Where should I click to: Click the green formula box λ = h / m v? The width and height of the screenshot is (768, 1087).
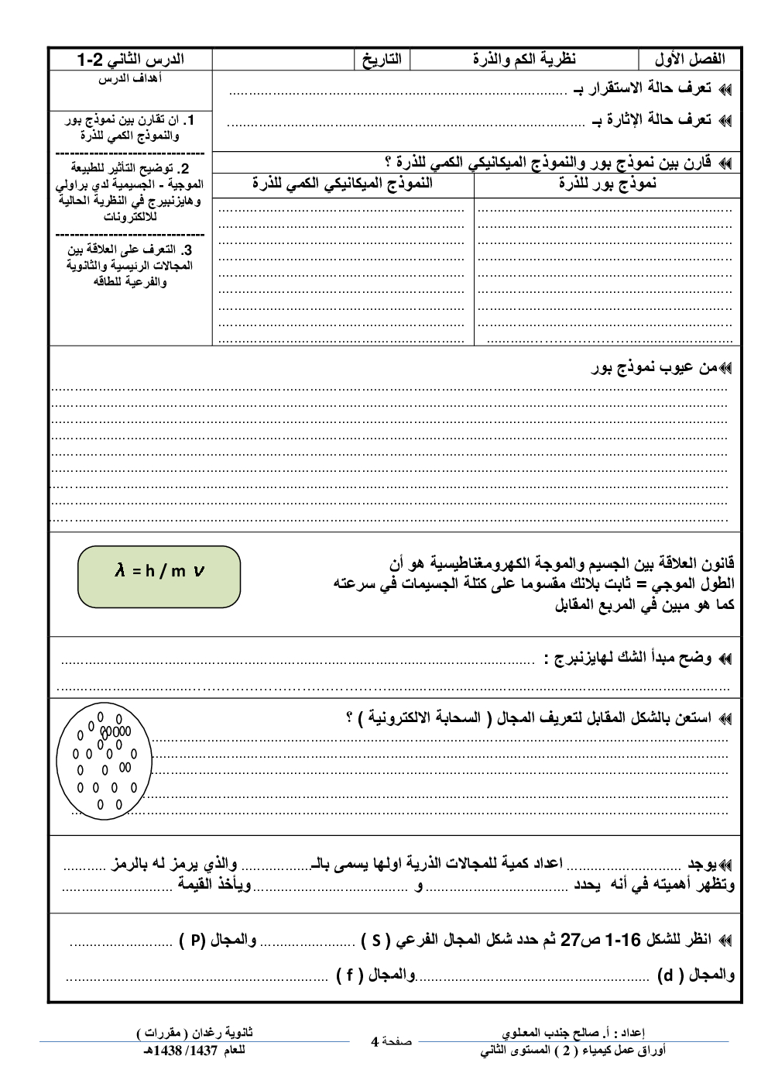pyautogui.click(x=159, y=576)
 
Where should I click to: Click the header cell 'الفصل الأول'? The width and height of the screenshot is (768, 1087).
pyautogui.click(x=689, y=60)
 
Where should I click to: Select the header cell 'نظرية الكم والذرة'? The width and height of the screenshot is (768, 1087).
pyautogui.click(x=524, y=60)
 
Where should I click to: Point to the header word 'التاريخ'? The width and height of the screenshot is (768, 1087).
pyautogui.click(x=382, y=60)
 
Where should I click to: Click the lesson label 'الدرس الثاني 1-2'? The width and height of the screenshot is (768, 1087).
pyautogui.click(x=130, y=60)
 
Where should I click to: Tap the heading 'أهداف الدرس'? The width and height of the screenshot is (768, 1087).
pyautogui.click(x=131, y=78)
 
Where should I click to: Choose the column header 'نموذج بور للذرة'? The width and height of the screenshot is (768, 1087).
pyautogui.click(x=607, y=184)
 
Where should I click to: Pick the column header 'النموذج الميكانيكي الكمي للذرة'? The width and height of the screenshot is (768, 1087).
pyautogui.click(x=342, y=184)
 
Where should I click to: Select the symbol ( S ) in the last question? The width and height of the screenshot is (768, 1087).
pyautogui.click(x=375, y=941)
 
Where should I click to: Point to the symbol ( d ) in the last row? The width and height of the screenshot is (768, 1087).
pyautogui.click(x=670, y=975)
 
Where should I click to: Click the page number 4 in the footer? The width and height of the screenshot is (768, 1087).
pyautogui.click(x=375, y=1042)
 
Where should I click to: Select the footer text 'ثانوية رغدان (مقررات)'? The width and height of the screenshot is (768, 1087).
pyautogui.click(x=194, y=1033)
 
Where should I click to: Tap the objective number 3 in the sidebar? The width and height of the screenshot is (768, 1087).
pyautogui.click(x=187, y=250)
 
